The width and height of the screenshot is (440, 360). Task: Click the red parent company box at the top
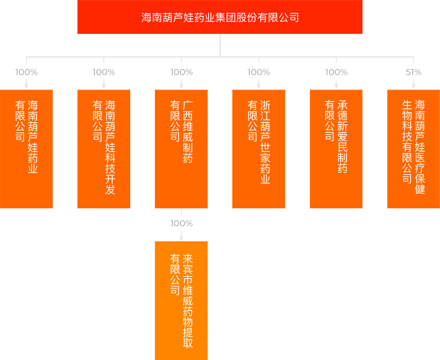[220, 17]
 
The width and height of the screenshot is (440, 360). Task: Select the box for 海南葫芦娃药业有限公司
[26, 149]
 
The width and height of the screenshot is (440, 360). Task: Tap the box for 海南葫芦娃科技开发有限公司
[104, 149]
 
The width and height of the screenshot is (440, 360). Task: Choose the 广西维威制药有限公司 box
[181, 149]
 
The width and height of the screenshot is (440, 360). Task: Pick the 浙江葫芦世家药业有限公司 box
[259, 149]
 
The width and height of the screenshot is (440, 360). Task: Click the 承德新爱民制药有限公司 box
[336, 149]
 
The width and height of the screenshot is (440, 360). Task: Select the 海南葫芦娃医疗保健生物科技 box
[414, 149]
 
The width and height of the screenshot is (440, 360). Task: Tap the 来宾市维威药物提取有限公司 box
[181, 301]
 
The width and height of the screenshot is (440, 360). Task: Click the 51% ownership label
[414, 72]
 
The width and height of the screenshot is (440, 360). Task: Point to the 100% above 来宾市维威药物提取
[181, 223]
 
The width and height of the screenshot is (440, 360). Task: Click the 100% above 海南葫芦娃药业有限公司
[26, 72]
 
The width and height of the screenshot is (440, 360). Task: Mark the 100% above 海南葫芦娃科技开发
[104, 72]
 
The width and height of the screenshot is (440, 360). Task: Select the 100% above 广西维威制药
[181, 72]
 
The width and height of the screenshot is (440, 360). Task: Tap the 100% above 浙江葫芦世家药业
[259, 72]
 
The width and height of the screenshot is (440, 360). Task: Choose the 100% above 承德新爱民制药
[336, 72]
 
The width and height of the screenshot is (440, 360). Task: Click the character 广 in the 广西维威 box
[188, 105]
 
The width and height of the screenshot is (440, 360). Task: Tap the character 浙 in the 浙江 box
[265, 105]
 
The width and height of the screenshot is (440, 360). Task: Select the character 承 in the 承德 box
[343, 105]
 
